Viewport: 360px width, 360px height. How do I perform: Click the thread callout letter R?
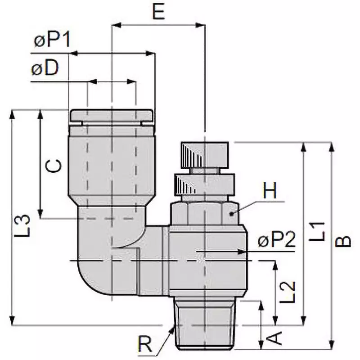coord(145,346)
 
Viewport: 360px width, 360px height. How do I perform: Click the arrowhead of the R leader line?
coord(173,328)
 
